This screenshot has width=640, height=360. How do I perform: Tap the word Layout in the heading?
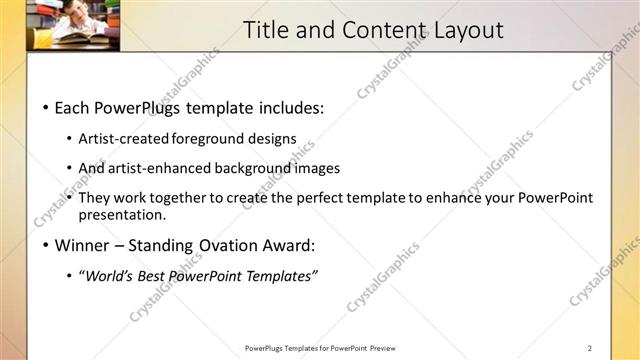pyautogui.click(x=468, y=30)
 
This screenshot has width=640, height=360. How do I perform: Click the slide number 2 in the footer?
pyautogui.click(x=590, y=348)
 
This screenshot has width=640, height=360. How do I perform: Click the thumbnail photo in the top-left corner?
pyautogui.click(x=60, y=25)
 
